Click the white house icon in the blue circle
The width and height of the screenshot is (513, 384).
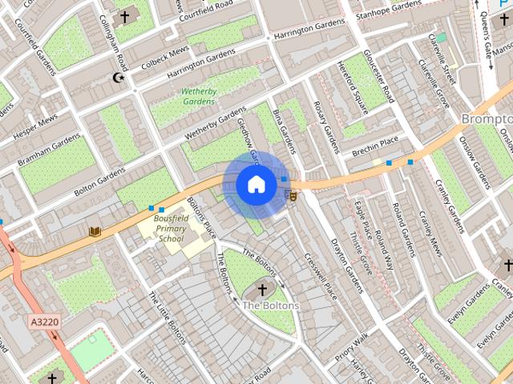tap(256, 184)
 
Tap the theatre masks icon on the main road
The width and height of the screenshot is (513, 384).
tap(292, 194)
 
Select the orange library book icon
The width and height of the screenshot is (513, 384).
tap(95, 231)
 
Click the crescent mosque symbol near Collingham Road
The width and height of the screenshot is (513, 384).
tap(119, 78)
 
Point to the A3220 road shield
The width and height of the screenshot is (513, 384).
tap(45, 322)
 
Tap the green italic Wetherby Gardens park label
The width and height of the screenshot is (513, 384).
tap(199, 97)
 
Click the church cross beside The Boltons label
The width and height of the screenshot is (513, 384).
tap(262, 289)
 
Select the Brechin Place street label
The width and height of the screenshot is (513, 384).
tap(377, 143)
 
